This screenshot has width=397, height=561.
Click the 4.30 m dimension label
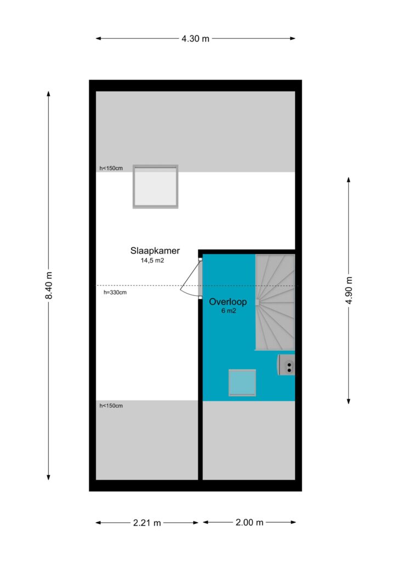coord(195,38)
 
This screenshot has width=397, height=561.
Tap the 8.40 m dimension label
coord(49,285)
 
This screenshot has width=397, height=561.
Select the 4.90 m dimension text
coord(349,290)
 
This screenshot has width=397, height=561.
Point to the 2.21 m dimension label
coord(147,523)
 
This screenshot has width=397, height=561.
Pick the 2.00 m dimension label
coord(249,522)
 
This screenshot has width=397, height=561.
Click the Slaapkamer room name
coord(155,251)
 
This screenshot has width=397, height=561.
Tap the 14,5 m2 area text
coord(152,260)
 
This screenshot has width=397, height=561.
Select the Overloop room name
coord(228,302)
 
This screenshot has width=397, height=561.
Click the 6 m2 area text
coord(229,311)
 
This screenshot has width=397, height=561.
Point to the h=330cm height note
coord(115,293)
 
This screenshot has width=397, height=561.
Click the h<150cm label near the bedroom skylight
coord(111,168)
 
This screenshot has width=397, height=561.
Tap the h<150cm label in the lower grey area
coord(111,406)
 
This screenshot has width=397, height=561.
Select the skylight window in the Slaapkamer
coord(155,186)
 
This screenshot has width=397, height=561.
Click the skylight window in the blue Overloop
coord(242,383)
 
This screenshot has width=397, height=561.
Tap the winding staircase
coord(275,302)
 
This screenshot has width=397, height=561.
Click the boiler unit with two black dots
coord(286,365)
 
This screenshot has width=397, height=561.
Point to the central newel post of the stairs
coord(257,302)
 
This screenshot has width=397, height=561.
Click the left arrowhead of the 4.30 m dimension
coord(98,38)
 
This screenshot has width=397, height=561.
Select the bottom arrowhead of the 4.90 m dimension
coord(348,402)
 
